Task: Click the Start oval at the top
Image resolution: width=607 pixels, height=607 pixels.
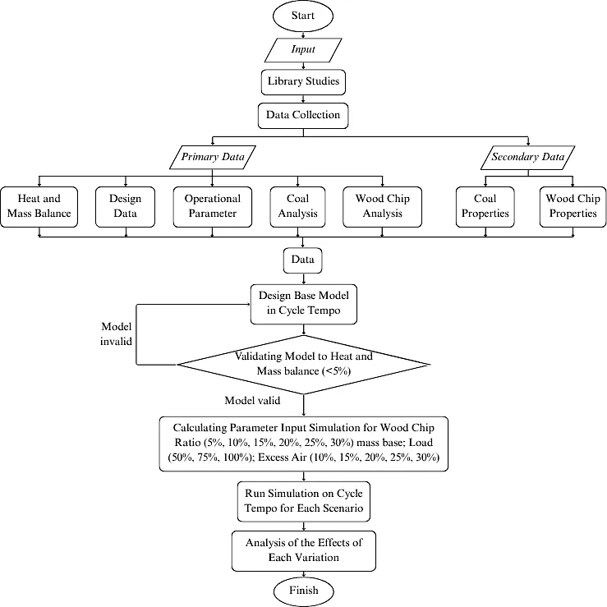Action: pos(303,16)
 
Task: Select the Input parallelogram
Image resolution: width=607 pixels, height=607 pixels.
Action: pos(303,49)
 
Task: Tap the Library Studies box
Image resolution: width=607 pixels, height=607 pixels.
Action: pos(303,81)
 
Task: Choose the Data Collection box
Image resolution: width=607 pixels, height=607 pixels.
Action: pos(303,115)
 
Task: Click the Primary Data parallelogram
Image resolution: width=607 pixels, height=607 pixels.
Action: pos(213,157)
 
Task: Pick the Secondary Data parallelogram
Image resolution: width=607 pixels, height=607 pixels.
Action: pos(528,157)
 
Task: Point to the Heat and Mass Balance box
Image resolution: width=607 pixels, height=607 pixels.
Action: pos(39,207)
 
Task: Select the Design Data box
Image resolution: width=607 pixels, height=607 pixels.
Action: pos(125,207)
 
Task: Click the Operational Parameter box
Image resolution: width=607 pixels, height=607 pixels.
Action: pos(213,207)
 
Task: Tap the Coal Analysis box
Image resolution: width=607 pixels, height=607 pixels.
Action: pos(297,207)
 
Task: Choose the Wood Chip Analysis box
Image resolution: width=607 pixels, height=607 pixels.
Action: pos(383,207)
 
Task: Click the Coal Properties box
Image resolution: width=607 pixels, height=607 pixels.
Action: pos(485,207)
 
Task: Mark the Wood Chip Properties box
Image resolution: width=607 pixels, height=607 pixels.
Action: pos(573,207)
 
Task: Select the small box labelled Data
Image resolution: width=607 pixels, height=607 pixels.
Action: pos(303,260)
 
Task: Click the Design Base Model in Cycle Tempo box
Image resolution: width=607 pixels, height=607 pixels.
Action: pos(304,304)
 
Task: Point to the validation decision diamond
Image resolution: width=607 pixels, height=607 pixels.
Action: pos(304,364)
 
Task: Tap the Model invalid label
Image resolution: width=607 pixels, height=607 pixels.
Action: pos(116,333)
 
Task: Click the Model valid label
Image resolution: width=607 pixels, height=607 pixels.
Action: pos(252,400)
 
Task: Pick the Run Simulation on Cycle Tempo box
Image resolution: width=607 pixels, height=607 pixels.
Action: pos(304,501)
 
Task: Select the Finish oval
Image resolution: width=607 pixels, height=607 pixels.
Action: pos(304,591)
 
